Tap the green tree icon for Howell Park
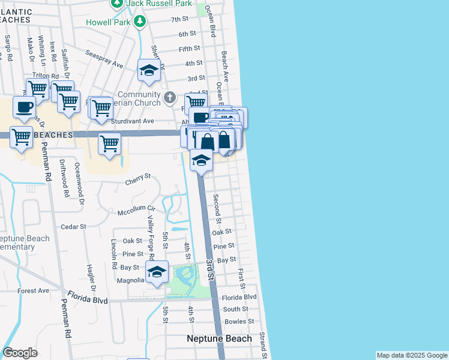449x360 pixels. pos(140,22)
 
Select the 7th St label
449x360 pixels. pos(179,20)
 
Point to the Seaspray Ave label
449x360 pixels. pos(104,59)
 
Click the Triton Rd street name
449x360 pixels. pos(46,76)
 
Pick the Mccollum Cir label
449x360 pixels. pos(136,211)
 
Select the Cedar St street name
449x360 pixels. pos(74,227)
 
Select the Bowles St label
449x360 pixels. pos(235,322)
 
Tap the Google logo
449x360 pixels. pos(20,353)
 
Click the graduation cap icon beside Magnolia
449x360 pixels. pos(157,271)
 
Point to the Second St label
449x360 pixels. pos(218,206)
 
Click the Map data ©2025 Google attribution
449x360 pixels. pos(411,355)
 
